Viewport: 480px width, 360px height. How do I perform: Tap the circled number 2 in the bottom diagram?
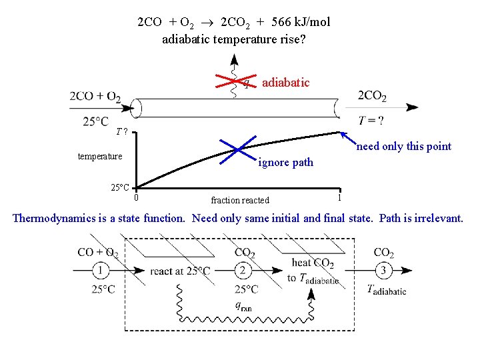click(x=244, y=271)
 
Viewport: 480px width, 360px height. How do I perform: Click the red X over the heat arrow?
click(x=233, y=79)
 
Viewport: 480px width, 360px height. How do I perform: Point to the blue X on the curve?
click(x=238, y=150)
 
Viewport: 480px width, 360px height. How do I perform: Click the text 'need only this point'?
click(x=403, y=147)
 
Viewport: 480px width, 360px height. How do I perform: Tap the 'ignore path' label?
click(x=285, y=162)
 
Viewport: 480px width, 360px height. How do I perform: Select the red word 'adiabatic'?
click(x=285, y=83)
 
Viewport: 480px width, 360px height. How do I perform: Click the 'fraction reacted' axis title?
click(x=240, y=200)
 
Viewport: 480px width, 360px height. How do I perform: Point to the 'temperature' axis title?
click(x=100, y=157)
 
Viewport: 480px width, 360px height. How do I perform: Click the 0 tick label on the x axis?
click(x=136, y=197)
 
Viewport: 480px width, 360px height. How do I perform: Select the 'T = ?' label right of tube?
click(x=371, y=121)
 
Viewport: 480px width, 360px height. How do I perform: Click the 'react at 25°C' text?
click(x=181, y=271)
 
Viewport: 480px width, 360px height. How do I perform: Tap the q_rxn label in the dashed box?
click(x=243, y=306)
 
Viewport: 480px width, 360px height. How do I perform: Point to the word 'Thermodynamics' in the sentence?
click(x=53, y=218)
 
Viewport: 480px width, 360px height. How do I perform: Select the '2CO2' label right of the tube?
click(x=372, y=97)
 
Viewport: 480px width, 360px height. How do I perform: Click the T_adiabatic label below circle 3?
click(x=387, y=290)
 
